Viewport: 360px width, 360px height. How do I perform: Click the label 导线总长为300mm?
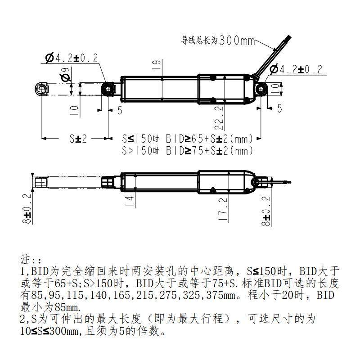pyautogui.click(x=218, y=40)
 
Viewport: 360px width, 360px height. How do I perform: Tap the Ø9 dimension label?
pyautogui.click(x=66, y=75)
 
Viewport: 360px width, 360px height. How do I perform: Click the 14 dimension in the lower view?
pyautogui.click(x=130, y=201)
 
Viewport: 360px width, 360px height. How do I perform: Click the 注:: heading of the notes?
pyautogui.click(x=31, y=261)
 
